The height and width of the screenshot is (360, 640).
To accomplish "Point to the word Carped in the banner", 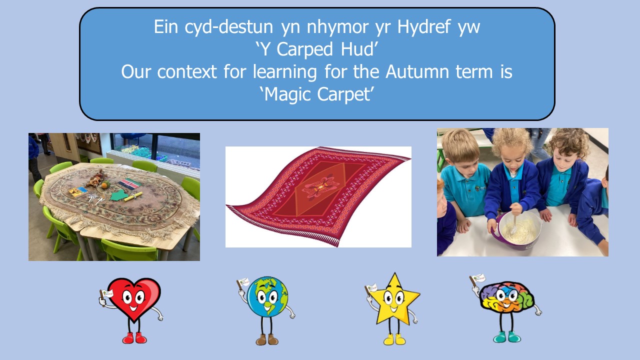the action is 305,49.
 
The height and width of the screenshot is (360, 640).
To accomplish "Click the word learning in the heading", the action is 285,72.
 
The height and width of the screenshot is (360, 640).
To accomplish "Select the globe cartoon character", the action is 266,310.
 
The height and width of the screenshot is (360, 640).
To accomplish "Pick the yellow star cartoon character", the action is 393,308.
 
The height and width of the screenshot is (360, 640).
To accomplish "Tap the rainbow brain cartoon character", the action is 505,308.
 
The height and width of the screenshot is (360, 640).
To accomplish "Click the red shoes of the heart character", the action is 134,338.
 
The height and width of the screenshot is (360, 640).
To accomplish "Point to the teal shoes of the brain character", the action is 507,337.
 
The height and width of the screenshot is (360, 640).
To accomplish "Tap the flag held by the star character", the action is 371,288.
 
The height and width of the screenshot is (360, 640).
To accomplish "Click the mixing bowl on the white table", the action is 517,229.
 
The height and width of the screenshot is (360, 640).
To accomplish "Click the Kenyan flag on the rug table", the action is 129,183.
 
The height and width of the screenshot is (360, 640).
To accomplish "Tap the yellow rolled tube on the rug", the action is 133,197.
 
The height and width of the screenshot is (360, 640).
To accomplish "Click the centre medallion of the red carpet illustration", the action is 321,187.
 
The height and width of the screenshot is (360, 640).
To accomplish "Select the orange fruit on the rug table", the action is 104,185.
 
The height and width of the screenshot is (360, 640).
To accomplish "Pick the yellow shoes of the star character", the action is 395,339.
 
